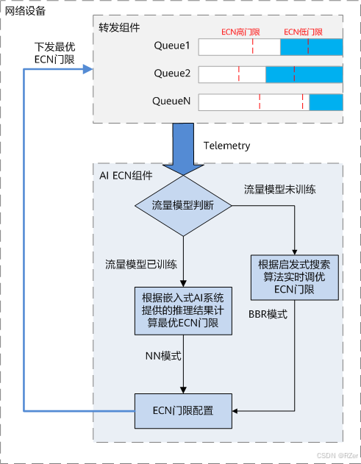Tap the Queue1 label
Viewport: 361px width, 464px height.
pos(171,46)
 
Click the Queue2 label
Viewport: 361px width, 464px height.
pos(171,74)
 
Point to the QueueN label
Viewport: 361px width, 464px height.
pos(171,101)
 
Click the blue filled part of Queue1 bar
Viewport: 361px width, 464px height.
pos(311,47)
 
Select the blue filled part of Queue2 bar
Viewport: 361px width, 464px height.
pos(304,74)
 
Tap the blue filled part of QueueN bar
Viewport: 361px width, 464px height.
pos(325,102)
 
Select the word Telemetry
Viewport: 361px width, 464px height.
pos(226,146)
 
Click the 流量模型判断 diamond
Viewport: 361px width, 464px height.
pos(182,205)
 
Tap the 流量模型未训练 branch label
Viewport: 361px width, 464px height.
pos(279,189)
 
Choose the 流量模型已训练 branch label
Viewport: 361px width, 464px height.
pos(140,263)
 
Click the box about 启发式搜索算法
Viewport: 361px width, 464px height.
pos(294,277)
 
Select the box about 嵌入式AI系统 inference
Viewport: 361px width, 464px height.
pos(182,309)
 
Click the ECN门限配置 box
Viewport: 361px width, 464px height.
pos(182,410)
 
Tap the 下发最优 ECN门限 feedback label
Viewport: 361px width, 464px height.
pos(54,52)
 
